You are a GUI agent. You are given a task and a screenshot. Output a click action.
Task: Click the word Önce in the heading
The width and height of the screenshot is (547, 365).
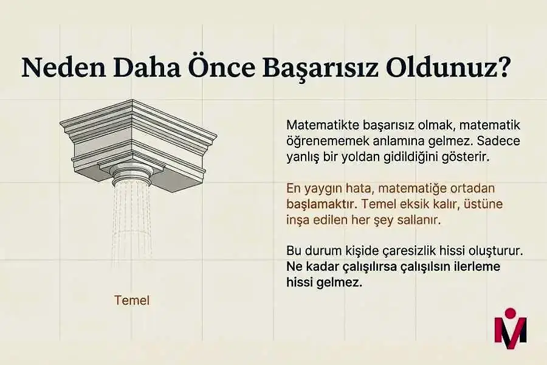(x=221, y=68)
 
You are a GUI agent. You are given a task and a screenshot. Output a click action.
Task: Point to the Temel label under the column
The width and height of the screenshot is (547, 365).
(x=131, y=300)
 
